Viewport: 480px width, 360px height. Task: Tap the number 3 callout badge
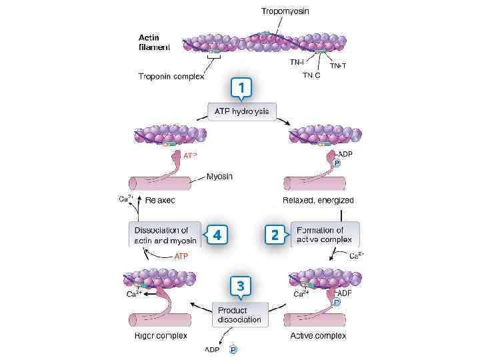coord(241,286)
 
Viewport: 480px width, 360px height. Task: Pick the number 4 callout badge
coord(217,235)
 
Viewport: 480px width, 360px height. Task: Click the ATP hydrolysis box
coord(241,111)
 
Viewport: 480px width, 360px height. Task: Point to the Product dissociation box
coord(240,315)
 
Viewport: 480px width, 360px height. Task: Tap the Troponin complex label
coord(171,76)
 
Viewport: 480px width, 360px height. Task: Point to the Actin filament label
coord(154,42)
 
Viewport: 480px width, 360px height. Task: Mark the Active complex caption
coord(318,335)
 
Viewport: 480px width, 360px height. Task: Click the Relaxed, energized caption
coord(318,200)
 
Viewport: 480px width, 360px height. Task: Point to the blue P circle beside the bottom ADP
coord(233,349)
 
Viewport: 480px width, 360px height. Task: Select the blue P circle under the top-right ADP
coord(337,164)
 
